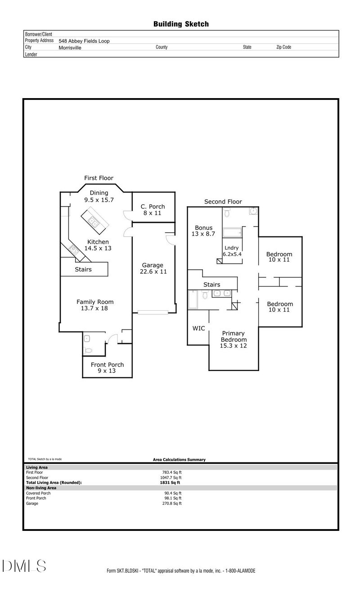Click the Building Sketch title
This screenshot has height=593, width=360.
point(181,24)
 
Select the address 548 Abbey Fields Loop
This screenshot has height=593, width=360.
point(84,41)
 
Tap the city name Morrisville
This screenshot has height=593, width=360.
point(70,47)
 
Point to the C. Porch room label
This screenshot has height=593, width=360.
point(153,210)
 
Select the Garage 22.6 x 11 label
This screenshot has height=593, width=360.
point(153,268)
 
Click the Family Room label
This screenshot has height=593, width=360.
point(94,305)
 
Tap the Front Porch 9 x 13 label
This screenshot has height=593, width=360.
point(107,368)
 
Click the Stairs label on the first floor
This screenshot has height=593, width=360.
point(83,269)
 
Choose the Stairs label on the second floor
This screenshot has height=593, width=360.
point(211,285)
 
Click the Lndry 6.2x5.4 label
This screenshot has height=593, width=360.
point(233,251)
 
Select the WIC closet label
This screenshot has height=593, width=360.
point(198,328)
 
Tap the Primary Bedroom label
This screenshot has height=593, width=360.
point(234,340)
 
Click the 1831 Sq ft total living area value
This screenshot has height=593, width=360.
point(167,482)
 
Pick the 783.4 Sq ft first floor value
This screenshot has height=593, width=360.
point(173,472)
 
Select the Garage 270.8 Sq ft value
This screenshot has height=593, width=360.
point(173,503)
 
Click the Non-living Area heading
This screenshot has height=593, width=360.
point(41,488)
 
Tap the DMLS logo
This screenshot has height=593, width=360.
point(24,566)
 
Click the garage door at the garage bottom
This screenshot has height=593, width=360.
point(153,312)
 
